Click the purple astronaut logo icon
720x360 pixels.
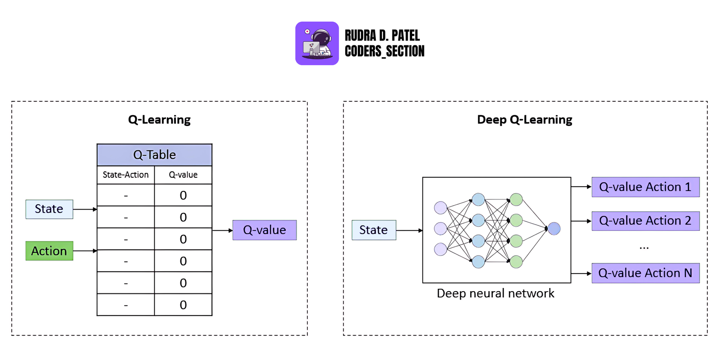[x=317, y=44]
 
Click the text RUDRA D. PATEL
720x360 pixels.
[x=382, y=36]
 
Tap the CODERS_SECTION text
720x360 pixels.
[x=384, y=51]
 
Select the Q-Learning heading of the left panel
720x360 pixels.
[x=159, y=120]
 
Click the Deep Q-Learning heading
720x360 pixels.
[x=525, y=120]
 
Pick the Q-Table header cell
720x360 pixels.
[x=154, y=155]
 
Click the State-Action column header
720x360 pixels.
[x=126, y=175]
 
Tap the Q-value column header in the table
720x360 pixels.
[x=183, y=175]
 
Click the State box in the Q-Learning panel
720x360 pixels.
[x=49, y=209]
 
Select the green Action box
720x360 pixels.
[x=49, y=251]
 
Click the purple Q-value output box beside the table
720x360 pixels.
[x=264, y=230]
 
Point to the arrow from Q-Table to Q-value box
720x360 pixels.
[x=222, y=230]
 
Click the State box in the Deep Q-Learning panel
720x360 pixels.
[x=373, y=230]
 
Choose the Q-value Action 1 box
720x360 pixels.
[x=645, y=187]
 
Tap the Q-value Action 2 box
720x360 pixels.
[x=645, y=221]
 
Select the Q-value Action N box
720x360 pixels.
[x=645, y=273]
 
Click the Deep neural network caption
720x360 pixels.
[x=495, y=293]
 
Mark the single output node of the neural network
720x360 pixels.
[x=554, y=229]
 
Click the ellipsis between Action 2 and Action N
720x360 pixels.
[x=644, y=247]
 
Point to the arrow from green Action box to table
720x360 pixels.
[x=85, y=251]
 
